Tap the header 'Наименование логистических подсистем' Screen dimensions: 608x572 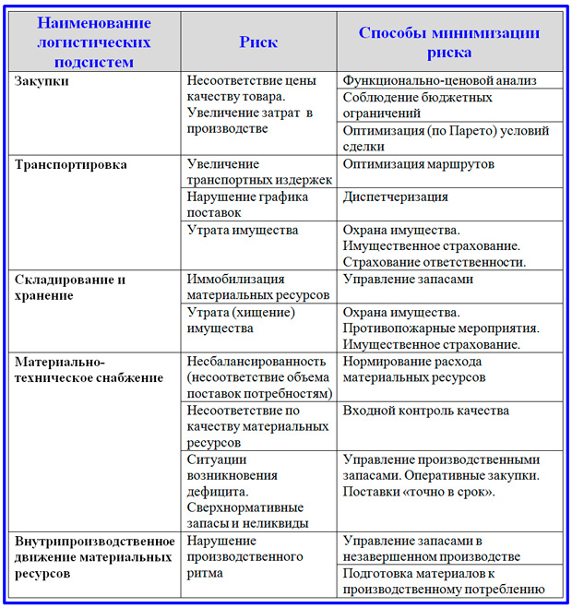pos(94,42)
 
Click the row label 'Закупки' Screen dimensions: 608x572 pos(42,81)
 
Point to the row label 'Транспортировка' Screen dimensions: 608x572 pos(71,164)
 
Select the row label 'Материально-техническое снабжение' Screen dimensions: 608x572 pos(89,369)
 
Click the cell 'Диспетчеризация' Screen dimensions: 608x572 pos(396,197)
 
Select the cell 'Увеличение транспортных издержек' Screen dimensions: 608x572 pos(259,173)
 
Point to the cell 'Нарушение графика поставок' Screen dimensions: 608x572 pos(259,205)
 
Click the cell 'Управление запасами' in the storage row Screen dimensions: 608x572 pos(408,279)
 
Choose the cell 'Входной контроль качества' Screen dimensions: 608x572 pos(425,410)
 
